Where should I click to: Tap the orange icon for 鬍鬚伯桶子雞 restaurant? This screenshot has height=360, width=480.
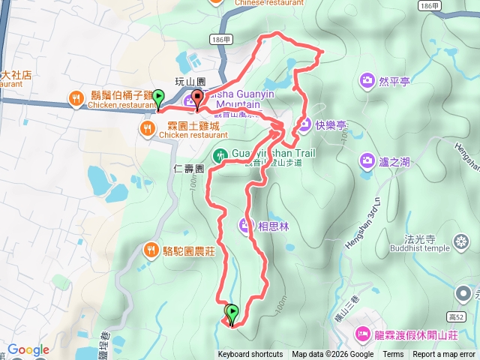(x=76, y=97)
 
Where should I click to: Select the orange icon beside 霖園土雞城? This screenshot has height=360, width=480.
(x=146, y=129)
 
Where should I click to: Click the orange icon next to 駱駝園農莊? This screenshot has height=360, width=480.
(x=151, y=250)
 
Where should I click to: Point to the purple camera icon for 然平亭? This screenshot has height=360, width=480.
(x=367, y=79)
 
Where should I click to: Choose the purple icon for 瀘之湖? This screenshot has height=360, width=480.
(x=367, y=160)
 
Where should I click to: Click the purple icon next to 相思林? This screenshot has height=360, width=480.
(x=246, y=224)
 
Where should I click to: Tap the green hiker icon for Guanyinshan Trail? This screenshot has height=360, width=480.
(x=220, y=156)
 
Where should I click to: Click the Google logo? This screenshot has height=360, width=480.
(x=28, y=349)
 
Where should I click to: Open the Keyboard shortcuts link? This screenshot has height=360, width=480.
(x=250, y=355)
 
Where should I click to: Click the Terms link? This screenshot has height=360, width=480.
(x=393, y=355)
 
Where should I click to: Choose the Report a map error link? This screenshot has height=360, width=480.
(x=445, y=355)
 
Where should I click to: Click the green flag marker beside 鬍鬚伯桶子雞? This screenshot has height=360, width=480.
(x=157, y=98)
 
